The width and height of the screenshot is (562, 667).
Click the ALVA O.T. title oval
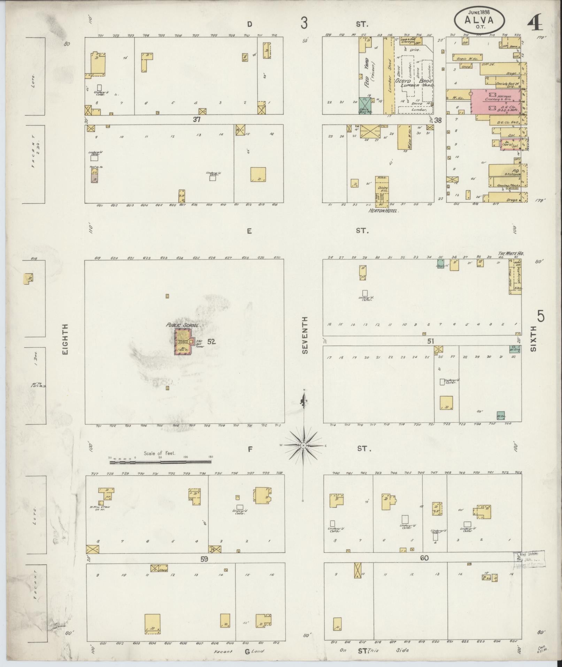(479, 21)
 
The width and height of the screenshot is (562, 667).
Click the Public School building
(183, 342)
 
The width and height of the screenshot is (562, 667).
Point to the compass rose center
(304, 446)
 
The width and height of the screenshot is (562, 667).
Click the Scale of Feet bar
(160, 462)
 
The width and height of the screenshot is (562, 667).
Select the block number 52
(211, 342)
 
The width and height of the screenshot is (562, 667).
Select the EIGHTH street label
(65, 339)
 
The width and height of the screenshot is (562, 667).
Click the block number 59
(204, 559)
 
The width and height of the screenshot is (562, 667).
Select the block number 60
(424, 558)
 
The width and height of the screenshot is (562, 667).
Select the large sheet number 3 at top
(305, 23)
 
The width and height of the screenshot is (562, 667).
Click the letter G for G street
(247, 651)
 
